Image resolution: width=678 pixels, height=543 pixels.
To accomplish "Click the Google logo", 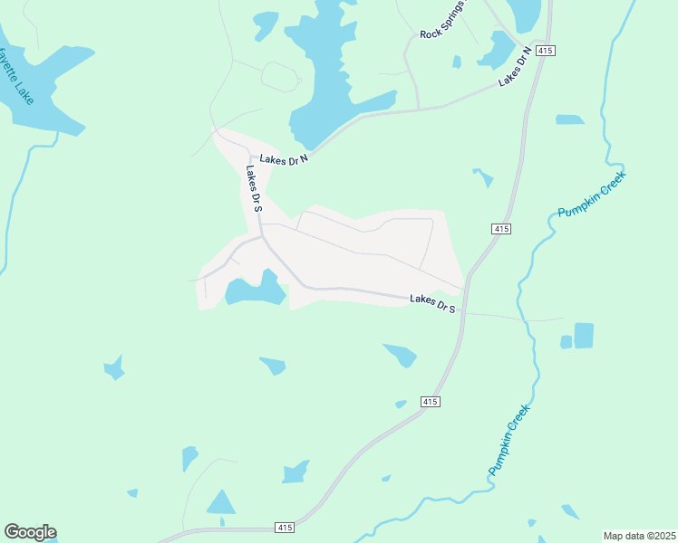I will [30, 532].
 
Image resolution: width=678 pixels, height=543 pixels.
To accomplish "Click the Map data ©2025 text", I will [639, 536].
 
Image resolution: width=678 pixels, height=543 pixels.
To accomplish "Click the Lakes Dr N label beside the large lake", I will [284, 158].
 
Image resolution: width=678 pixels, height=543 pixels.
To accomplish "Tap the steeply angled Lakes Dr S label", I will [254, 189].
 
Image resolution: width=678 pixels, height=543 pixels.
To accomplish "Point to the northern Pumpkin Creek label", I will [591, 195].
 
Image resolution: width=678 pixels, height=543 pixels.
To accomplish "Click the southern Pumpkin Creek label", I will [509, 440].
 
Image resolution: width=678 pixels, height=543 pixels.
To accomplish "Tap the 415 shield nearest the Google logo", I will [285, 527].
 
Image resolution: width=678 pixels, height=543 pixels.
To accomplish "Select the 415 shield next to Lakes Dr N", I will [544, 50].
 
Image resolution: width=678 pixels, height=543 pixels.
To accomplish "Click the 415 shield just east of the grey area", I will [501, 229].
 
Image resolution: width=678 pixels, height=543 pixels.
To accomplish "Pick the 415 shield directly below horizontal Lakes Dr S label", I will [431, 401].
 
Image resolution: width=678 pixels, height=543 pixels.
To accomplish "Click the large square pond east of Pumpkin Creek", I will [584, 336].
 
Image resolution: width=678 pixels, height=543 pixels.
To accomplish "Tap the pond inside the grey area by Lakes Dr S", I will [255, 290].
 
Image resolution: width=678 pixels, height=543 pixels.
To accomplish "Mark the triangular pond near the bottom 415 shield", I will [220, 502].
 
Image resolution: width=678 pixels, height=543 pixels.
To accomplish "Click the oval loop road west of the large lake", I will [280, 77].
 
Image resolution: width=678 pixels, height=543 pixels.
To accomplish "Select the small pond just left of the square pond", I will [567, 342].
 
